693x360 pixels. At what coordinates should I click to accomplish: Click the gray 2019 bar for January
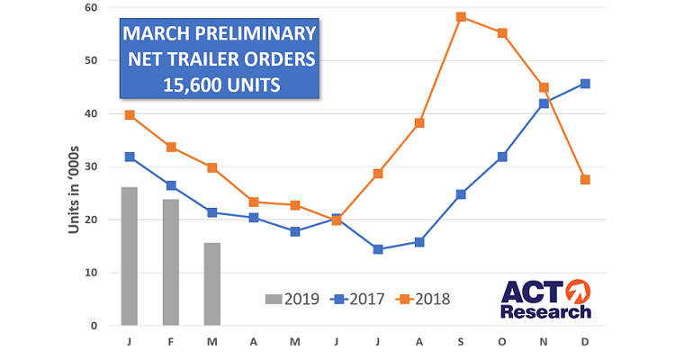[x=129, y=256]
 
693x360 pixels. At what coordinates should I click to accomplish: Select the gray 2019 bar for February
[x=171, y=262]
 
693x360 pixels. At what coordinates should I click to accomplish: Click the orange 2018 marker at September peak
[x=461, y=17]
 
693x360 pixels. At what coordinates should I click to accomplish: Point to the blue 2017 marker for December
[x=586, y=84]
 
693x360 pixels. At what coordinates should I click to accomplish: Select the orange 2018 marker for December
[x=586, y=179]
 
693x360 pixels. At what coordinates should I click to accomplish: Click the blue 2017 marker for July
[x=378, y=249]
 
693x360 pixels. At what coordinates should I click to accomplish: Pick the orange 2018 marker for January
[x=130, y=115]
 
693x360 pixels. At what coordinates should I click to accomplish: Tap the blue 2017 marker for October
[x=502, y=157]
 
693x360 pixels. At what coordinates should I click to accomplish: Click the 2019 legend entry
[x=292, y=299]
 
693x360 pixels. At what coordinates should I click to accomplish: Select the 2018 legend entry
[x=422, y=299]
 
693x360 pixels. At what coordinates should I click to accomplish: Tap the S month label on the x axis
[x=461, y=342]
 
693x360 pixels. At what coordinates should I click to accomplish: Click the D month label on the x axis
[x=586, y=342]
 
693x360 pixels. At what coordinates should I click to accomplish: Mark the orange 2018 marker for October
[x=502, y=33]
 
